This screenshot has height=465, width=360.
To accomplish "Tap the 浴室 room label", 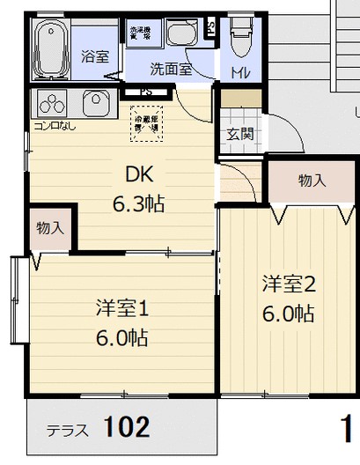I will pyautogui.click(x=95, y=56).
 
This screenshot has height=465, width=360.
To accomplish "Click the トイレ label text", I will pyautogui.click(x=239, y=71).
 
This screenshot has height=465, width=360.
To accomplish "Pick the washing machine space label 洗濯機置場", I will pyautogui.click(x=140, y=33).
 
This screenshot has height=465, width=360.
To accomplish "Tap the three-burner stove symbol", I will pyautogui.click(x=52, y=103).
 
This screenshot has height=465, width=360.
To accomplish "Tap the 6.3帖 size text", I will pyautogui.click(x=139, y=204).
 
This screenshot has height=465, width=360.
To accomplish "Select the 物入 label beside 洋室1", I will pyautogui.click(x=50, y=227).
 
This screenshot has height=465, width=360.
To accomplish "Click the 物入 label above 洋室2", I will pyautogui.click(x=312, y=181).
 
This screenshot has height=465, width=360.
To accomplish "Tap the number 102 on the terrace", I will pyautogui.click(x=126, y=428).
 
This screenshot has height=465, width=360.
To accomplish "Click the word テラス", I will pyautogui.click(x=67, y=432).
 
